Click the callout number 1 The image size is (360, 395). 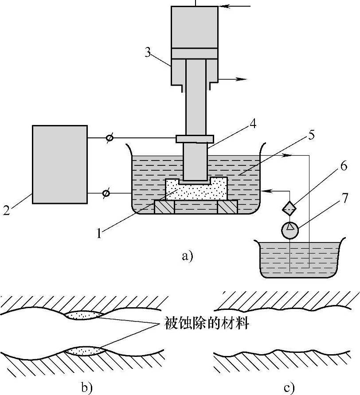coord(99,233)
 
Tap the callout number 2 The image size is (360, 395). coord(7,210)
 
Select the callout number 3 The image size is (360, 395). coord(148,52)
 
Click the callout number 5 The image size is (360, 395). coord(311,135)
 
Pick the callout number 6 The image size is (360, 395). coord(344,166)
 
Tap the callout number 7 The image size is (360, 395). coord(344,198)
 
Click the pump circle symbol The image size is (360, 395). coord(290,230)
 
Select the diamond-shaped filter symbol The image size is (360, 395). coord(289,208)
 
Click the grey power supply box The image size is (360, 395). coord(60,164)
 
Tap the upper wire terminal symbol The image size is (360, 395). coord(110,138)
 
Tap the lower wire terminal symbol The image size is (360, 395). coord(106,193)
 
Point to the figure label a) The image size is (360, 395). coord(187,256)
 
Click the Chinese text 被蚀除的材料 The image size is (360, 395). coord(206,323)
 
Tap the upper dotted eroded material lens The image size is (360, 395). coord(84,315)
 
